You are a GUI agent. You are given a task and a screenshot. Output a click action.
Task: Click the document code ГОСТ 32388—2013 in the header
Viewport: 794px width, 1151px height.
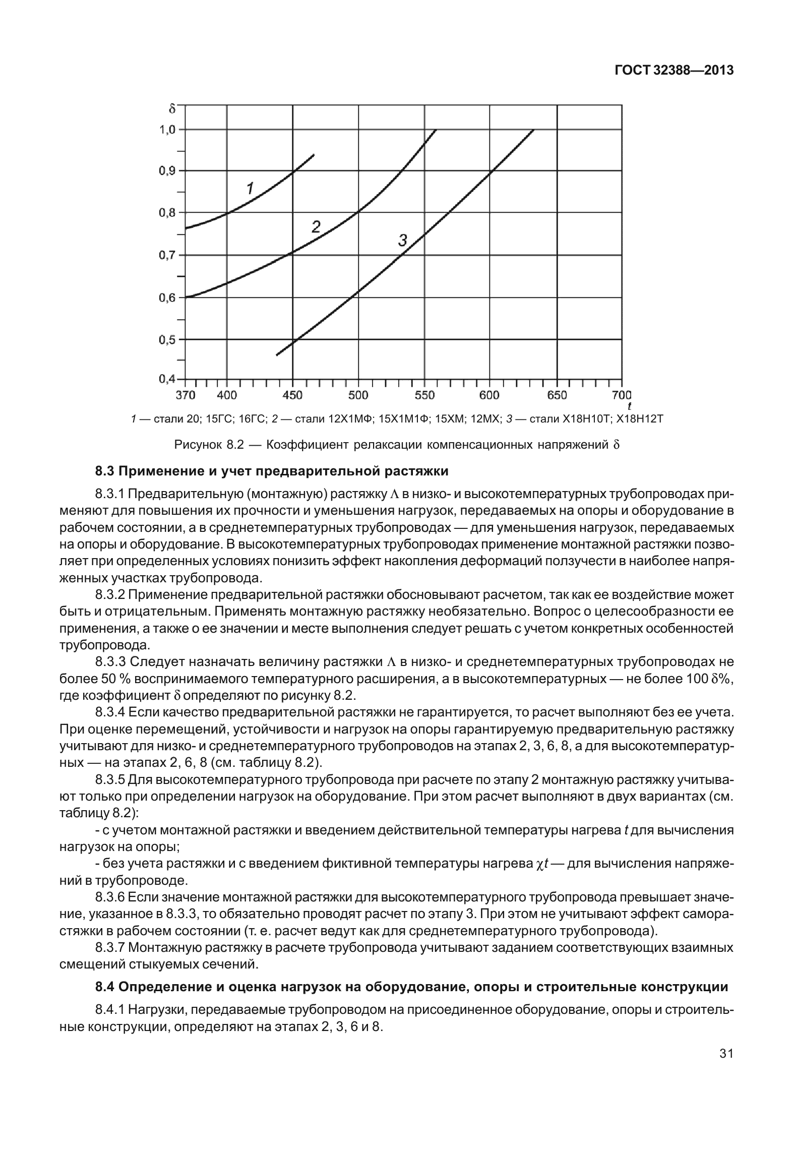tap(673, 71)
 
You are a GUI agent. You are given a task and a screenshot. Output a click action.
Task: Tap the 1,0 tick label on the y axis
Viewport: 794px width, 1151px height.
tap(167, 130)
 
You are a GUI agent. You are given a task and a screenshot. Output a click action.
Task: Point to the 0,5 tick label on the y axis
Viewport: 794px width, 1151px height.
tap(167, 339)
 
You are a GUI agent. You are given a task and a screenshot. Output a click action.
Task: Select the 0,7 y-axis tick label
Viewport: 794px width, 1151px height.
tap(167, 255)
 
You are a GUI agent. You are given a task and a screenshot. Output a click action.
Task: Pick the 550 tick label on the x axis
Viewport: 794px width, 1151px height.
tap(424, 395)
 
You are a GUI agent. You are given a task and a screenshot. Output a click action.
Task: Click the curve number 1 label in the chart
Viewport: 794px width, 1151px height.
tap(249, 188)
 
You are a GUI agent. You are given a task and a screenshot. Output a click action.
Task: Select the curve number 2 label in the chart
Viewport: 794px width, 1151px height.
tap(316, 227)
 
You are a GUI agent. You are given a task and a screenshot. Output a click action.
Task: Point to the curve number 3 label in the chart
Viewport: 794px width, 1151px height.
tap(402, 240)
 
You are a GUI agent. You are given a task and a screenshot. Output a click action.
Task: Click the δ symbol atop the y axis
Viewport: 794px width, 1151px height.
tap(172, 108)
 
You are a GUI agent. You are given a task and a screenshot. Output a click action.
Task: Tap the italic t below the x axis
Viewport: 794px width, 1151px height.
tap(629, 405)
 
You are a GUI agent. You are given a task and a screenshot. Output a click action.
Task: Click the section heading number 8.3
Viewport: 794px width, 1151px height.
tap(106, 471)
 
